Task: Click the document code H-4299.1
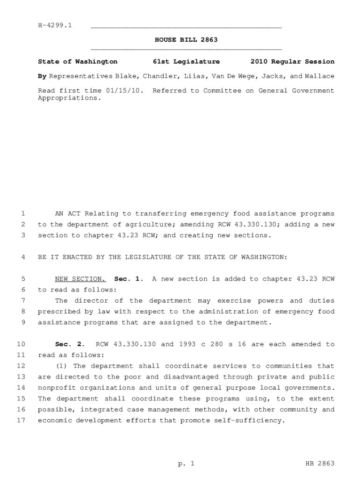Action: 54,25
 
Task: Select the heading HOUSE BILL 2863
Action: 186,40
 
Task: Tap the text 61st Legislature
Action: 186,61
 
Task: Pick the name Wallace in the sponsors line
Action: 319,76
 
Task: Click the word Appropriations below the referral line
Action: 69,98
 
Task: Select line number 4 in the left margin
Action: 23,257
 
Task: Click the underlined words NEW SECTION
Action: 80,279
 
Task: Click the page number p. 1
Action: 186,464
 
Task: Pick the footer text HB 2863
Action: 319,464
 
